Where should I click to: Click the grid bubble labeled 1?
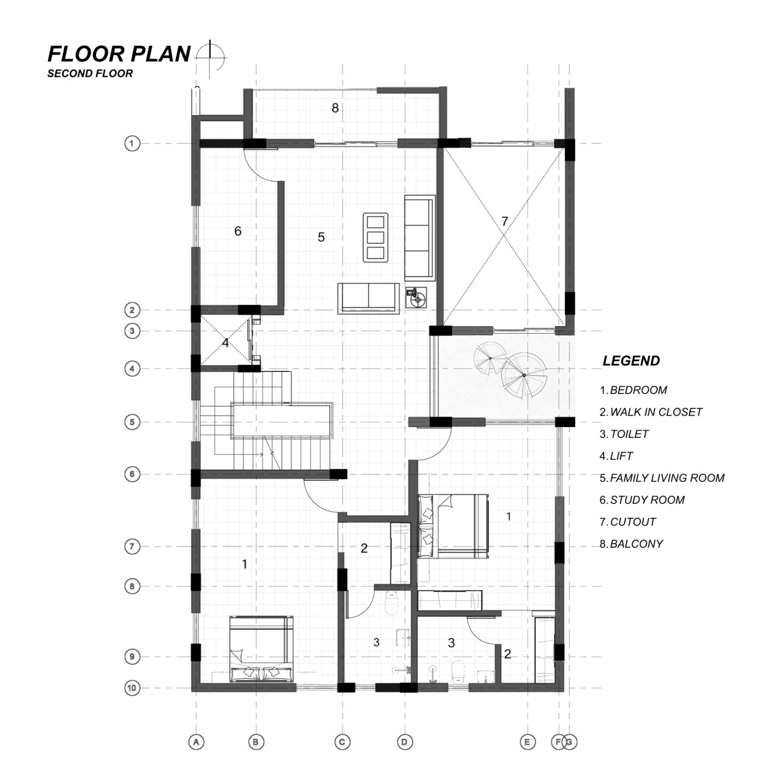132,143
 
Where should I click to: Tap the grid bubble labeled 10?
132,687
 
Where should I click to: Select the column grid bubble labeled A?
196,741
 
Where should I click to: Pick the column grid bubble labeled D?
405,741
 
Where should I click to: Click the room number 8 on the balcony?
335,108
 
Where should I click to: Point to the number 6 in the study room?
238,231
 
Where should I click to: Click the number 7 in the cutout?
505,221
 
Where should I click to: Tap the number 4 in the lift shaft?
226,343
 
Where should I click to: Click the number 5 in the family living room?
322,237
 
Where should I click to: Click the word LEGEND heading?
631,361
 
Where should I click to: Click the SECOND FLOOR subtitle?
90,74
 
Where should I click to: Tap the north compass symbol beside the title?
210,58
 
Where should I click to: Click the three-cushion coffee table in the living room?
375,238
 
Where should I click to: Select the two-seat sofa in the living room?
368,298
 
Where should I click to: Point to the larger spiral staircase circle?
524,375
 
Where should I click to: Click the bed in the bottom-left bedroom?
261,649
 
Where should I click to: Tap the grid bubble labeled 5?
132,422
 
